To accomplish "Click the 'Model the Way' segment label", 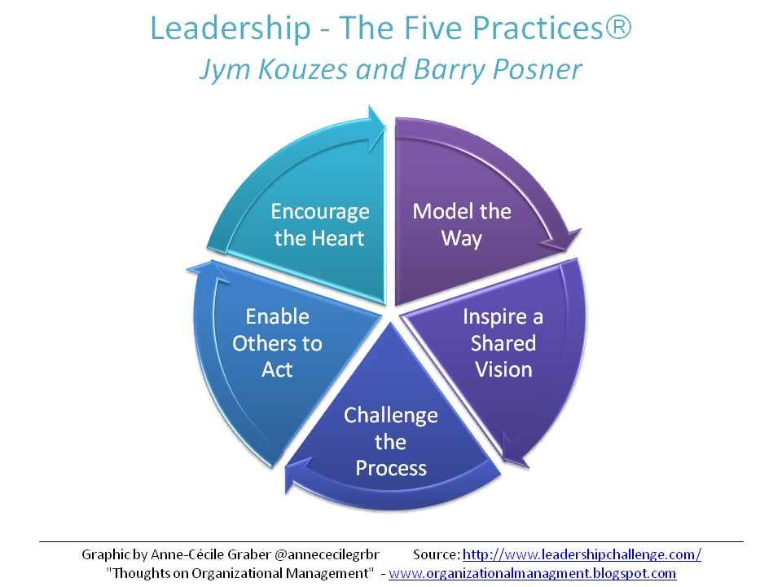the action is pyautogui.click(x=462, y=225).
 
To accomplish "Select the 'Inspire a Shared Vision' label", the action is pyautogui.click(x=503, y=342).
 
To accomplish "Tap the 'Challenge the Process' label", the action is pyautogui.click(x=391, y=441).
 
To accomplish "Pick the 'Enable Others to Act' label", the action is pyautogui.click(x=277, y=342).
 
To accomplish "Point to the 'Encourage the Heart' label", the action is pyautogui.click(x=320, y=225).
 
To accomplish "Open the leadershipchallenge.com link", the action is pyautogui.click(x=582, y=554).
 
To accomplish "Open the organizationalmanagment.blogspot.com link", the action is pyautogui.click(x=532, y=573).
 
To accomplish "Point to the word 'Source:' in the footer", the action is pyautogui.click(x=436, y=554).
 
